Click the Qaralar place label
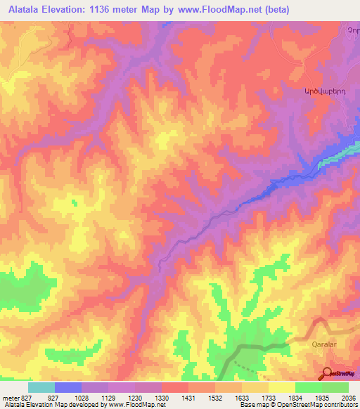pyautogui.click(x=326, y=345)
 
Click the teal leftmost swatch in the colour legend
pyautogui.click(x=41, y=387)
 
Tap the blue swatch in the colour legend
pyautogui.click(x=68, y=387)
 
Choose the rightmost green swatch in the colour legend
pyautogui.click(x=335, y=387)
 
